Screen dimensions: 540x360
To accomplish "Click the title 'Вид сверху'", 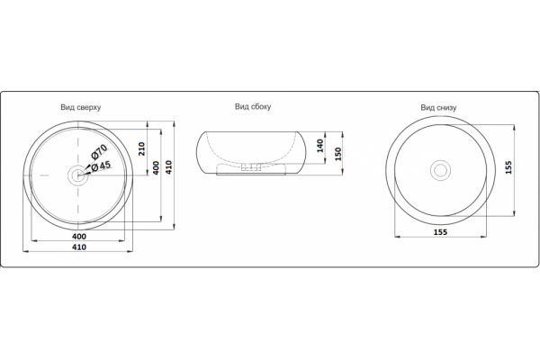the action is (81, 107).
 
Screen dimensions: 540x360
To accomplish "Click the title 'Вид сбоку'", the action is (253, 106).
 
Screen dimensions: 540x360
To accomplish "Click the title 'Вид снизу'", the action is (438, 107).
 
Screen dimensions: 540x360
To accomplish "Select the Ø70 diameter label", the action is (99, 152).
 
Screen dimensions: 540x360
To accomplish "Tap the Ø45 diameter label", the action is (101, 166).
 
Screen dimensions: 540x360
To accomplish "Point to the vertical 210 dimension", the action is (142, 148).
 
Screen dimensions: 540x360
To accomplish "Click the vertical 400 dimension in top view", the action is (156, 167).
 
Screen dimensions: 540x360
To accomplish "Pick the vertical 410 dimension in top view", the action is (169, 167).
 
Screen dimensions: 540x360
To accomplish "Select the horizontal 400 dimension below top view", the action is (79, 237).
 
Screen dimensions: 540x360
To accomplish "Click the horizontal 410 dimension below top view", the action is (79, 247).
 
